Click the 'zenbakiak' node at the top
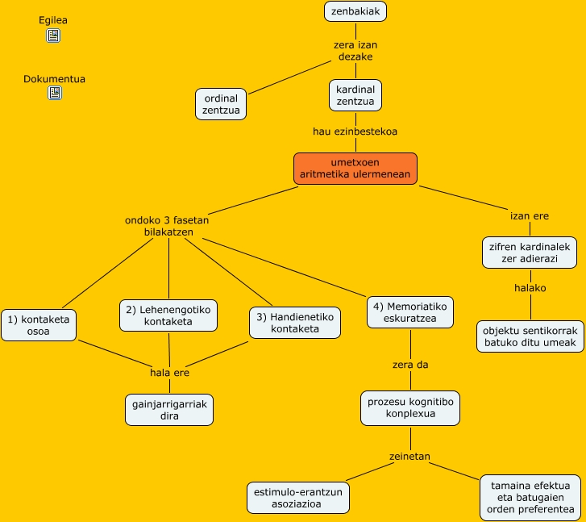[x=355, y=11]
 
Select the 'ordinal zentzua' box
[x=221, y=104]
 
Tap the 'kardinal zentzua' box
[x=355, y=94]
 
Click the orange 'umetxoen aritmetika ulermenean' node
[x=355, y=168]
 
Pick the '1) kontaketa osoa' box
[x=39, y=324]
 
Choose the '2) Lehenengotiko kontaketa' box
[x=168, y=315]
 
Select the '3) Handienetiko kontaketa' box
[x=294, y=323]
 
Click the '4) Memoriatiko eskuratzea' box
[x=410, y=312]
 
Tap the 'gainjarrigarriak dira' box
[x=169, y=410]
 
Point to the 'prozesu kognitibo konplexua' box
[x=410, y=407]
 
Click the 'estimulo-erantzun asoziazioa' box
[x=298, y=497]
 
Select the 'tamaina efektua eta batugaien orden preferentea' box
[x=530, y=497]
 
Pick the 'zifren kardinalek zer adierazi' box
[x=530, y=253]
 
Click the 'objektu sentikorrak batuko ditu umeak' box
[x=530, y=336]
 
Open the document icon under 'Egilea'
[x=54, y=35]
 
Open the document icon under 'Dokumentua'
[x=54, y=93]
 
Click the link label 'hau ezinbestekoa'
[x=355, y=131]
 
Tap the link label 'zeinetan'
[x=410, y=457]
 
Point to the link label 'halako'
[x=530, y=288]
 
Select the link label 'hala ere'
[x=169, y=373]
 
